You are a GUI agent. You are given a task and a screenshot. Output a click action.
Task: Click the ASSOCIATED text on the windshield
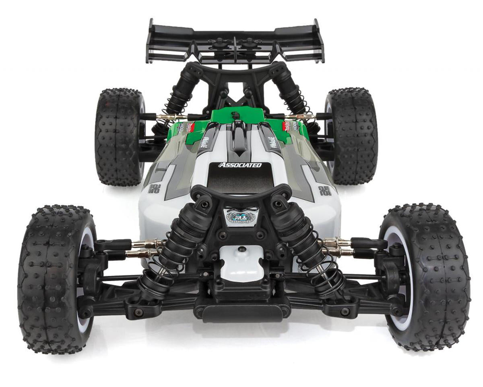(x=239, y=165)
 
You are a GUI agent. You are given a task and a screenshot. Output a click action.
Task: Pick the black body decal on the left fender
(x=153, y=189)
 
